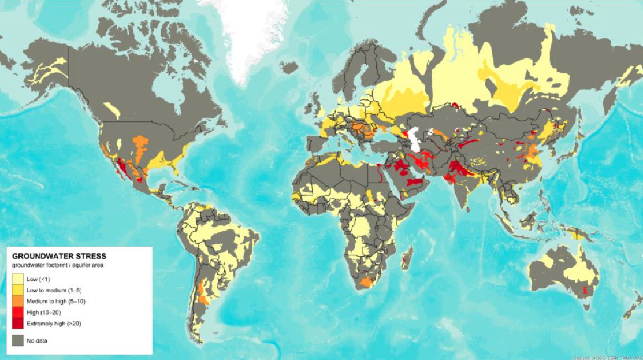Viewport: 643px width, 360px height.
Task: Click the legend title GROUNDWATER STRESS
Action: (59, 255)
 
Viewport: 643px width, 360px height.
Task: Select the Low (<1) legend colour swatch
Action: (17, 279)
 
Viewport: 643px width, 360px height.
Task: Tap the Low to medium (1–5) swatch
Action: (17, 290)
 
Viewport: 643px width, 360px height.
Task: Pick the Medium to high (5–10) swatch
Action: (17, 301)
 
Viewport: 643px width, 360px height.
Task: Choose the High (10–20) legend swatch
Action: (17, 312)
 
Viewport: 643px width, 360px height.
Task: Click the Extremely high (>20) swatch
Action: (17, 323)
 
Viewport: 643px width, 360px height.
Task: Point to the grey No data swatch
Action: (17, 340)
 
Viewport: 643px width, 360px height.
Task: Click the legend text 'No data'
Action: (37, 341)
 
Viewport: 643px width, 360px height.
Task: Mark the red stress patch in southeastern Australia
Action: (588, 290)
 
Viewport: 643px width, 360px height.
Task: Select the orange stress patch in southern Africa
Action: (367, 282)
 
